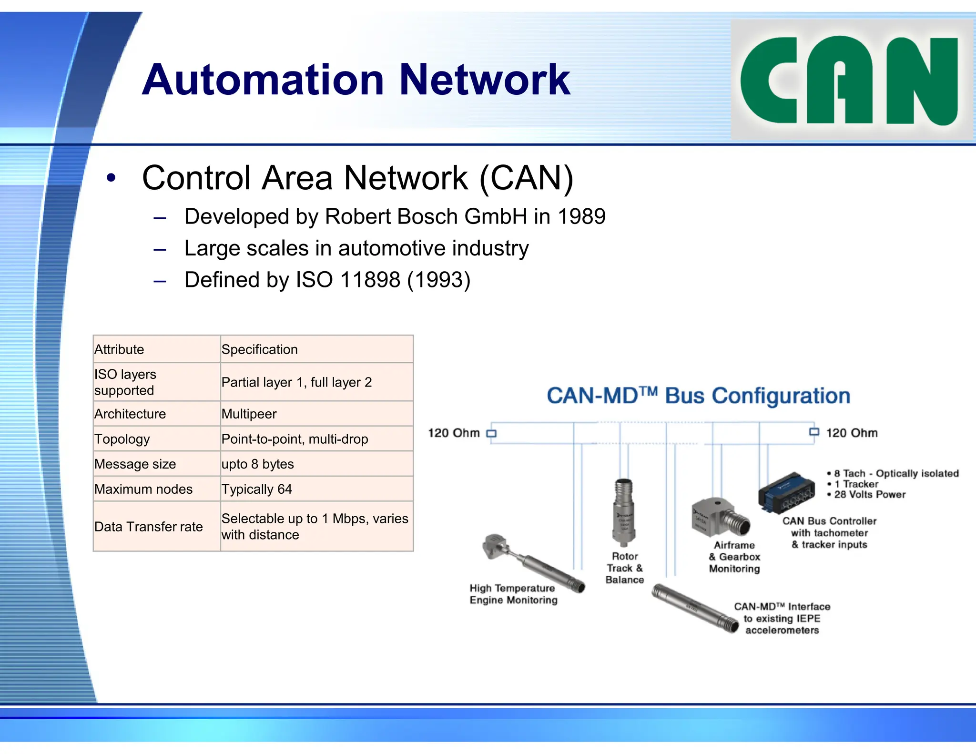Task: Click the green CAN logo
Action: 851,80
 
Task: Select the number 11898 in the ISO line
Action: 370,280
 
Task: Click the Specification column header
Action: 260,349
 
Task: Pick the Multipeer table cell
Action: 249,414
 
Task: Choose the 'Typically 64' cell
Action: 256,489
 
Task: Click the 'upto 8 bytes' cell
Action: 257,464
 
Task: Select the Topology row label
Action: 122,439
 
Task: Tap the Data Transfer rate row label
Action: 148,527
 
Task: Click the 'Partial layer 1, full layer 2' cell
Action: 296,382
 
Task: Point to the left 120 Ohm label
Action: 454,433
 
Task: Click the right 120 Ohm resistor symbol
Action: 814,432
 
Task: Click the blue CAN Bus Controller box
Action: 786,492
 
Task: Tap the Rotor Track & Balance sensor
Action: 623,513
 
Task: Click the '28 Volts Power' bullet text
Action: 870,495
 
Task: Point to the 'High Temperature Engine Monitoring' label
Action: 513,594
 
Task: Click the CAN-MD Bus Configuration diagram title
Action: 698,396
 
